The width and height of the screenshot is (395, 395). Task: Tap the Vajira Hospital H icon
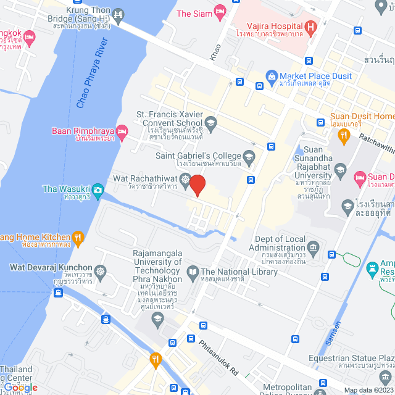pos(312,27)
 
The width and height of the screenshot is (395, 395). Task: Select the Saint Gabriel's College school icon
pos(249,155)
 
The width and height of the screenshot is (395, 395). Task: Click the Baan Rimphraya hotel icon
pos(122,130)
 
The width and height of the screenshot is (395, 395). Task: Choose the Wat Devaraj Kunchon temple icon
pos(100,272)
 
